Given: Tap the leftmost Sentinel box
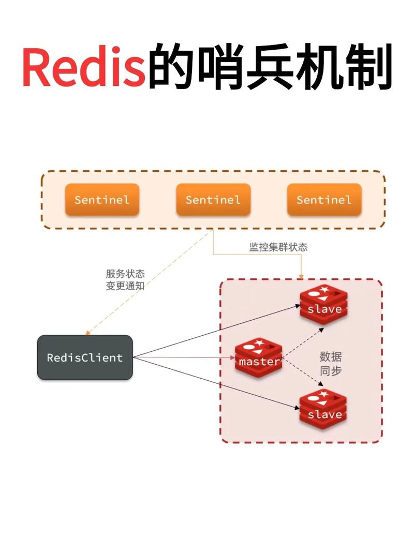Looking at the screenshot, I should click(x=101, y=200).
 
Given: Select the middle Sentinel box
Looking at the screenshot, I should click(x=213, y=200).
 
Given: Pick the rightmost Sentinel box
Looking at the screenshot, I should click(x=324, y=200).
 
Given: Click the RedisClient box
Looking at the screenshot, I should click(x=85, y=357).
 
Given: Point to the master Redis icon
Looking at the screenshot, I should click(x=259, y=360).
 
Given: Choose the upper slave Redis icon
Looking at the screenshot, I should click(x=324, y=305).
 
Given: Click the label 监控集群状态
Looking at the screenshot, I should click(x=278, y=247).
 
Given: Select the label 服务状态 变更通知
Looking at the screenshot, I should click(x=125, y=280).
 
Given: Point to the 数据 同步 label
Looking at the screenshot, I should click(x=331, y=364).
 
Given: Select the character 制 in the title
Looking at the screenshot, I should click(x=371, y=69).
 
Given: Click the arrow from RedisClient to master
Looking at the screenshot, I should click(x=184, y=357).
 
